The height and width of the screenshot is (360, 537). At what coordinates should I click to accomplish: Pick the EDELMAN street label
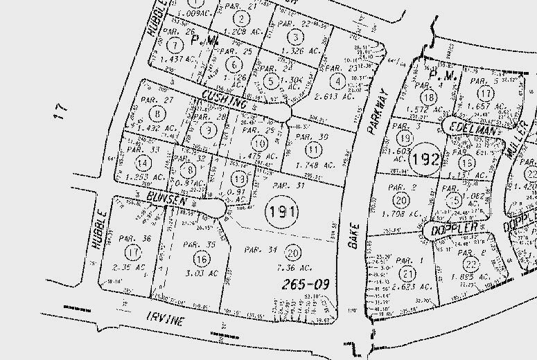click(x=473, y=129)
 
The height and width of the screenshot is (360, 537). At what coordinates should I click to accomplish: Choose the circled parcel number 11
click(x=315, y=149)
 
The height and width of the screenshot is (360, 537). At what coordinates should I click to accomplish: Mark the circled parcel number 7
click(x=177, y=46)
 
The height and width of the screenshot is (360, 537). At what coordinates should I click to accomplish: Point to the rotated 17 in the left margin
click(x=62, y=110)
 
